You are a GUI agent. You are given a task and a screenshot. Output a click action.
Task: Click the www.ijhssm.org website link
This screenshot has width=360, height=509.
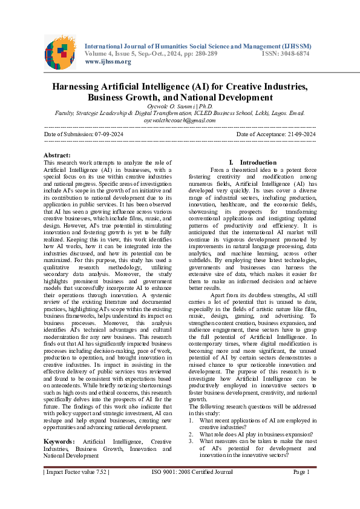(108, 62)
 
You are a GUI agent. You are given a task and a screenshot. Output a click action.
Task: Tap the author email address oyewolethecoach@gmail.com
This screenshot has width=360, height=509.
(180, 120)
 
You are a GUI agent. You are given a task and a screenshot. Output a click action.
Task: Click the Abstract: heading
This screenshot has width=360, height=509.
(57, 156)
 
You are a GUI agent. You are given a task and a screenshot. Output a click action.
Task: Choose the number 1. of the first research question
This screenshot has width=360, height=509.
(192, 419)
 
